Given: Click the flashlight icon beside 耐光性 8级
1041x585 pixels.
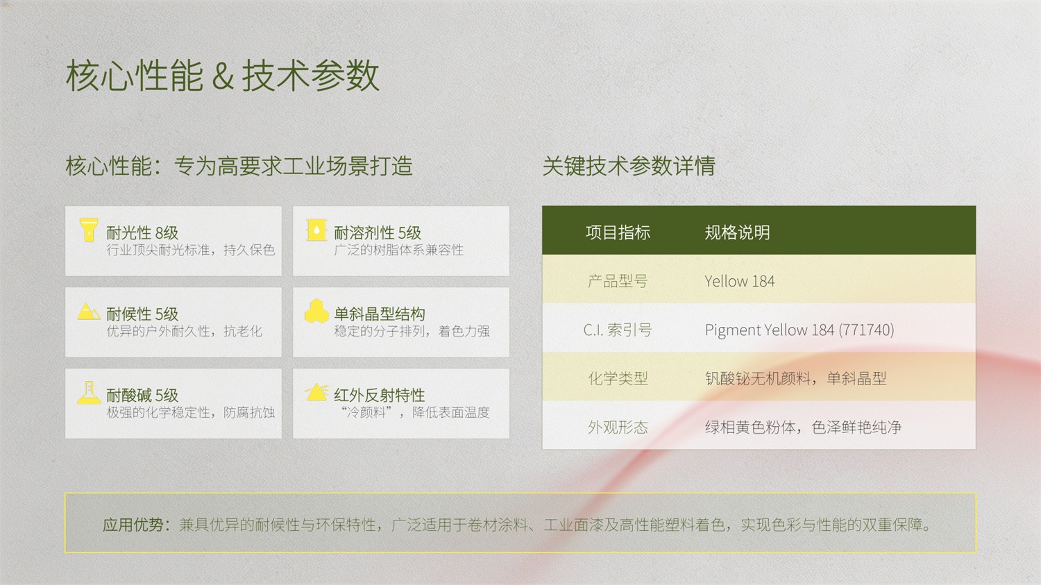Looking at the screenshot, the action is [x=88, y=230].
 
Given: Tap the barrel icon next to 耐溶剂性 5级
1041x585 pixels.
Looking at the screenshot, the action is [x=316, y=230].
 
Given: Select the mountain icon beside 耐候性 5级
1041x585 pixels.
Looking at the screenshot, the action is [x=88, y=311].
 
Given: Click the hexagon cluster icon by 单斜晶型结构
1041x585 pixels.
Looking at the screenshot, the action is [x=316, y=311].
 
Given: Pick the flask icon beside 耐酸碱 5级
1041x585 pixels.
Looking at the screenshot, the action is [x=89, y=393].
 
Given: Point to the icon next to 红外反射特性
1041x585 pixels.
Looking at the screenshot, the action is [x=316, y=392].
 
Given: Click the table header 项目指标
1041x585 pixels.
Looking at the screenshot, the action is [x=618, y=232].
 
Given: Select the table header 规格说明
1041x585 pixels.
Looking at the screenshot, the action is [x=737, y=232].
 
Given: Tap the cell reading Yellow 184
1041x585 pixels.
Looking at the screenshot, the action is [x=739, y=281].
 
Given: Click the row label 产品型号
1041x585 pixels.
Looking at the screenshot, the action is [x=618, y=281].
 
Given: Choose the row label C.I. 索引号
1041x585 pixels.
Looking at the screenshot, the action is [x=618, y=330].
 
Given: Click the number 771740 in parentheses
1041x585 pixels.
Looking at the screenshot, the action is [x=866, y=330].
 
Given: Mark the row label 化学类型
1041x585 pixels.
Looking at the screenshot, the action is [x=618, y=378].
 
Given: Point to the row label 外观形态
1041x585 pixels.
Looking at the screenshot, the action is [x=618, y=427].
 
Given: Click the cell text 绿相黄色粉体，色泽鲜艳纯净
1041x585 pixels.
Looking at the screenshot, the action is [x=803, y=427].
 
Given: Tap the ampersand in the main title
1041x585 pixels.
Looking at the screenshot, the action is [x=223, y=77].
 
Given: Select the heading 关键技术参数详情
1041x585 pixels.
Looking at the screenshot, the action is [x=629, y=166].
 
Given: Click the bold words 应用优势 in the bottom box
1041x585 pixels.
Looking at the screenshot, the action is [x=133, y=525].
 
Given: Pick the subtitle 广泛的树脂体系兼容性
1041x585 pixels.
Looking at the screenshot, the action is [x=399, y=250].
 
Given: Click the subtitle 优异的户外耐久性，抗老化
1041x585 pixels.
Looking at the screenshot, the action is [x=185, y=331].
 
